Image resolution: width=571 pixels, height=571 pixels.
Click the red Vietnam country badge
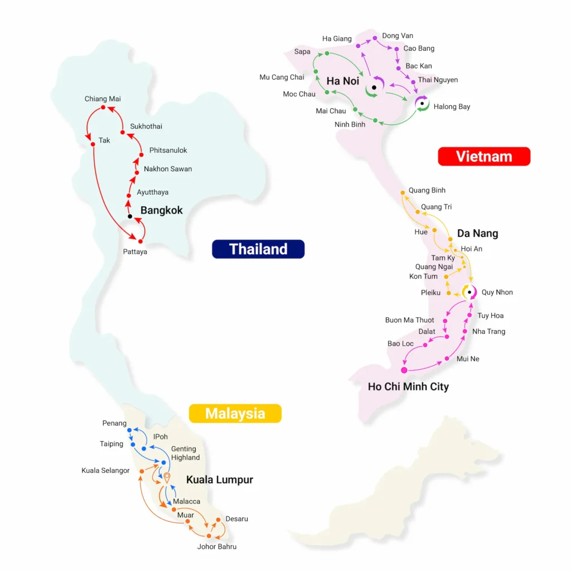pyautogui.click(x=484, y=156)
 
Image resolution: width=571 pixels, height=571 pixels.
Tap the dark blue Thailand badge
pyautogui.click(x=258, y=249)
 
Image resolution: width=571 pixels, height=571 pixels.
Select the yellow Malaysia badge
pyautogui.click(x=235, y=413)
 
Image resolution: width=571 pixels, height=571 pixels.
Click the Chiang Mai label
pyautogui.click(x=103, y=99)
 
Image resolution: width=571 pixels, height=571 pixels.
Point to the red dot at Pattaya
pyautogui.click(x=141, y=241)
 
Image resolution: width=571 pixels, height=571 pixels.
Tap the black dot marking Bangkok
pyautogui.click(x=130, y=216)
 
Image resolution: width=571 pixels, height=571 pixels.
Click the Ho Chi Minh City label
pyautogui.click(x=408, y=386)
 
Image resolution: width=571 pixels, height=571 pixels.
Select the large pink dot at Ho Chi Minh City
pyautogui.click(x=404, y=370)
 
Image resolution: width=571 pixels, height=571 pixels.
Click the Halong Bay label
pyautogui.click(x=452, y=107)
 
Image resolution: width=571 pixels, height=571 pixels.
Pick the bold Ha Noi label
pyautogui.click(x=343, y=81)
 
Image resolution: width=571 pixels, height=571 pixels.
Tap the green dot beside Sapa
pyautogui.click(x=325, y=54)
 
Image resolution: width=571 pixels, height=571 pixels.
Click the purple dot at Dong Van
pyautogui.click(x=375, y=38)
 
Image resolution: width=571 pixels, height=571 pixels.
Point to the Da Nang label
pyautogui.click(x=477, y=233)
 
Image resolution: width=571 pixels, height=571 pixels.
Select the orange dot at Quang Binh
pyautogui.click(x=403, y=193)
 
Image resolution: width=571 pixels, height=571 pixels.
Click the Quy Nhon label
pyautogui.click(x=497, y=292)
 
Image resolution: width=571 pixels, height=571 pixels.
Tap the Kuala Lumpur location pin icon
pyautogui.click(x=166, y=477)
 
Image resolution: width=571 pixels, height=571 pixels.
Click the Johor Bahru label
pyautogui.click(x=217, y=546)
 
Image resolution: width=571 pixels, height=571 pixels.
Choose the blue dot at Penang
pyautogui.click(x=129, y=430)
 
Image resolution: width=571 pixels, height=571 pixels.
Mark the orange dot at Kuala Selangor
pyautogui.click(x=142, y=471)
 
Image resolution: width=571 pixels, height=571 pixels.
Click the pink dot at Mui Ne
pyautogui.click(x=447, y=359)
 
